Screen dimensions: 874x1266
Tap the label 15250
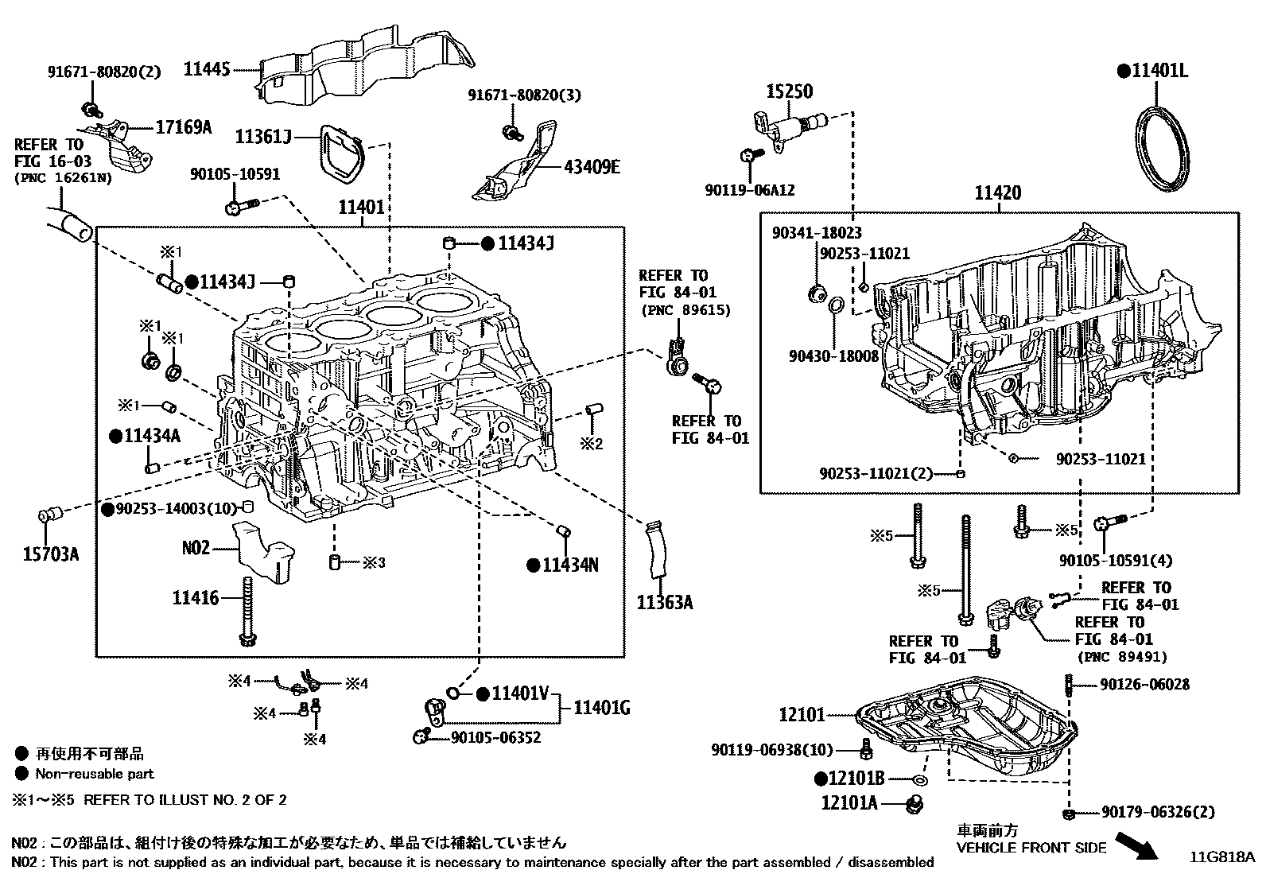coord(789,91)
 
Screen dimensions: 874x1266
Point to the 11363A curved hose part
coord(656,549)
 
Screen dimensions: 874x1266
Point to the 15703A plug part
coord(49,518)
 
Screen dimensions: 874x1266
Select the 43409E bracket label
coord(592,167)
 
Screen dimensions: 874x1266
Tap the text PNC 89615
coord(685,310)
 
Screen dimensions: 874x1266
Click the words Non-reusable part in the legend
coord(94,774)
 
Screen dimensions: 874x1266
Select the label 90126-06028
coord(1145,685)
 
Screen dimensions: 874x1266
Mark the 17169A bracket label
coord(183,126)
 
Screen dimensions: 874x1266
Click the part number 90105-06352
coord(495,738)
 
